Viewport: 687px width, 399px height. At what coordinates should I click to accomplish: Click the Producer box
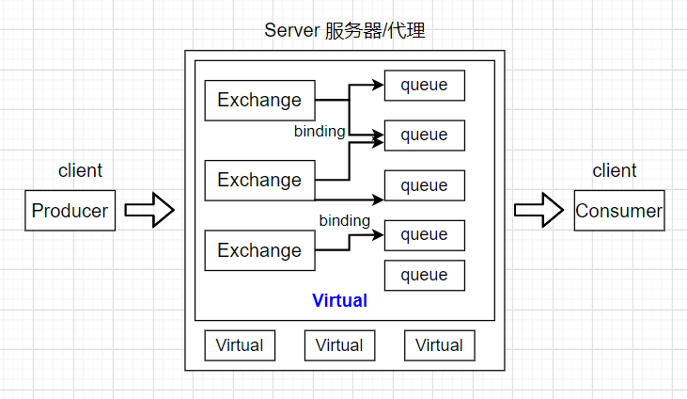pyautogui.click(x=70, y=211)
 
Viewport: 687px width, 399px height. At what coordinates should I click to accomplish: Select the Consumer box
pyautogui.click(x=618, y=211)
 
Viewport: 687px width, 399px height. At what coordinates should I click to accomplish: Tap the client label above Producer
pyautogui.click(x=80, y=170)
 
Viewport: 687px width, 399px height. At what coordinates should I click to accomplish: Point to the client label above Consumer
pyautogui.click(x=614, y=170)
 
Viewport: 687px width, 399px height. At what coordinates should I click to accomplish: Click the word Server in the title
pyautogui.click(x=291, y=30)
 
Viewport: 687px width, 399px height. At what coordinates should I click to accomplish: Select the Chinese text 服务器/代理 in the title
pyautogui.click(x=375, y=30)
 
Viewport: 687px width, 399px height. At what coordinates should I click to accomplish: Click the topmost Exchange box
pyautogui.click(x=259, y=100)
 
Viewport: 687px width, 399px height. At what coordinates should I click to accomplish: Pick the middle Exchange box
pyautogui.click(x=259, y=180)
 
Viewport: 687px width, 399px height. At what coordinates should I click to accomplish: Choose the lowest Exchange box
pyautogui.click(x=259, y=250)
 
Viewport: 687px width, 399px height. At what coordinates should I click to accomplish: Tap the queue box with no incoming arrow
pyautogui.click(x=424, y=275)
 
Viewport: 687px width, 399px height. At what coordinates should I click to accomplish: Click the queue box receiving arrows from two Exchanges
pyautogui.click(x=424, y=135)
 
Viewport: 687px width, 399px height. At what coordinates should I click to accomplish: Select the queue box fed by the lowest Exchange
pyautogui.click(x=424, y=234)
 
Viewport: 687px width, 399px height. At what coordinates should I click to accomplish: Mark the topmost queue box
pyautogui.click(x=424, y=85)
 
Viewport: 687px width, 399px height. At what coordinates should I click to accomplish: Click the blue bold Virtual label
pyautogui.click(x=339, y=301)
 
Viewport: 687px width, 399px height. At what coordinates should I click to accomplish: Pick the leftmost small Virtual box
pyautogui.click(x=240, y=345)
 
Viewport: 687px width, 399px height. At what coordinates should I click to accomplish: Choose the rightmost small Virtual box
pyautogui.click(x=439, y=345)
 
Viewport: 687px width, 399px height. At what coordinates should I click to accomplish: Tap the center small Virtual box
pyautogui.click(x=339, y=345)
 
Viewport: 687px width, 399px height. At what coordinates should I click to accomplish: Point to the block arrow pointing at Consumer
pyautogui.click(x=539, y=211)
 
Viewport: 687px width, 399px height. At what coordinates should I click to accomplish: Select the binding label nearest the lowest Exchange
pyautogui.click(x=344, y=220)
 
